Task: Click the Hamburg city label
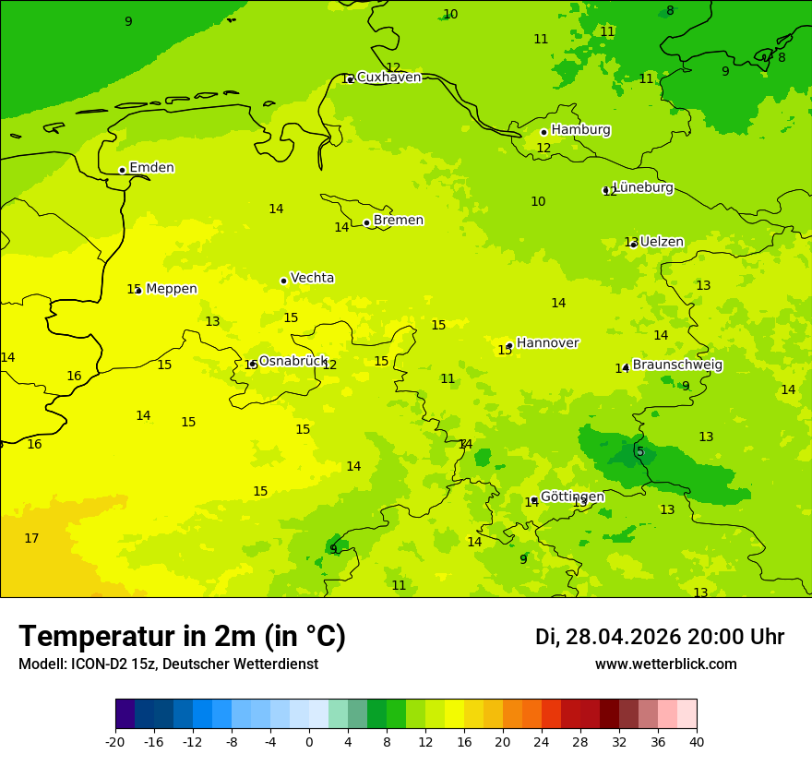(x=580, y=130)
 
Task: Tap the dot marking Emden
(x=122, y=170)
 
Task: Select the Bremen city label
(x=398, y=221)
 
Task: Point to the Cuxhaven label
(x=388, y=78)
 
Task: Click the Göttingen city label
(x=572, y=497)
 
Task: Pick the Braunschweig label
(x=677, y=365)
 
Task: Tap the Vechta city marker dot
(x=283, y=281)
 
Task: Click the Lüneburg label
(x=642, y=187)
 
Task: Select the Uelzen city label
(x=662, y=242)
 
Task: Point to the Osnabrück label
(x=293, y=361)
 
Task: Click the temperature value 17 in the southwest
(x=31, y=538)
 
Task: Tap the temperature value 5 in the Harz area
(x=639, y=451)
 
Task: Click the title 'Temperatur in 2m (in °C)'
(x=182, y=636)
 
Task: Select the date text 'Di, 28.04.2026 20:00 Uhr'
(x=660, y=637)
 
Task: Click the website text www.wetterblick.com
(x=665, y=664)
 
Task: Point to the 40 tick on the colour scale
(x=697, y=742)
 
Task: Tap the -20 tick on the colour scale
(x=115, y=742)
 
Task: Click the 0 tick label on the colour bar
(x=309, y=742)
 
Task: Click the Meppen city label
(x=172, y=289)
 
